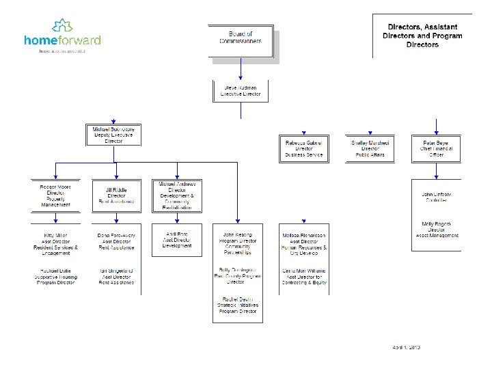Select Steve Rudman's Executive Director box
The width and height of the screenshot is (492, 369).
[241, 91]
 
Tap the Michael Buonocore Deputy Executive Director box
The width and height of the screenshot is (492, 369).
[113, 135]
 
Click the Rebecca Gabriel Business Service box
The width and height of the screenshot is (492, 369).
[304, 148]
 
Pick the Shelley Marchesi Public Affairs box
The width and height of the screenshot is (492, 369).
[370, 148]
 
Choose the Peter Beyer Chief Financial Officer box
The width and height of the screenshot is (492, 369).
[437, 148]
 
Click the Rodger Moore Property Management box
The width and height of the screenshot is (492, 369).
[55, 195]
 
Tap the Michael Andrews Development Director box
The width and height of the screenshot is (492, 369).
[177, 195]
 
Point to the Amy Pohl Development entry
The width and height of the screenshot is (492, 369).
[177, 240]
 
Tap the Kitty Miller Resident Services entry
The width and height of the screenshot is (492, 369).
[55, 244]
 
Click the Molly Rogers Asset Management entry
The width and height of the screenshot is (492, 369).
[437, 229]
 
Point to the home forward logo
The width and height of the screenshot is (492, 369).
[62, 38]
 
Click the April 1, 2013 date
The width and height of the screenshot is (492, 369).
[407, 348]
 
